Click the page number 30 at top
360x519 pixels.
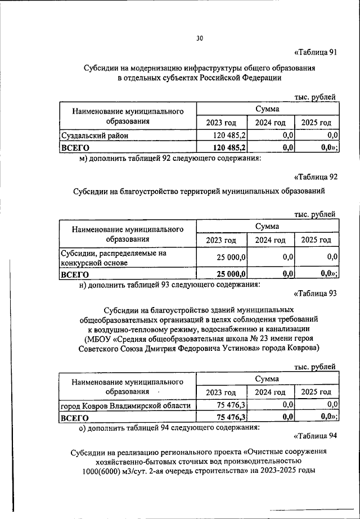click(200, 38)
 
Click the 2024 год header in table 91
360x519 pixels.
click(271, 122)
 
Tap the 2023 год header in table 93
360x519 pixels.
click(221, 392)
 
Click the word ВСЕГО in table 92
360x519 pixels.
click(75, 274)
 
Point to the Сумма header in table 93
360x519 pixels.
click(267, 380)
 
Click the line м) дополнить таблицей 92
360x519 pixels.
click(169, 159)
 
